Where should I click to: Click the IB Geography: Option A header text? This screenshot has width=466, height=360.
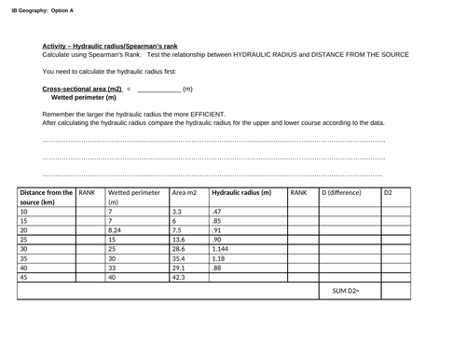point(43,10)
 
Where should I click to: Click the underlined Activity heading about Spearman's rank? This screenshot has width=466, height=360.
point(110,46)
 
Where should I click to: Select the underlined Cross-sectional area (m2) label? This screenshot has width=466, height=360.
point(83,88)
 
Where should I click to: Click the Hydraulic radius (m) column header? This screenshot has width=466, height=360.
point(241,192)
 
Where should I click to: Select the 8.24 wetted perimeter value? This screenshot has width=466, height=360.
point(116,229)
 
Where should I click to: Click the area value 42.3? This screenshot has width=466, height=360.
point(179,277)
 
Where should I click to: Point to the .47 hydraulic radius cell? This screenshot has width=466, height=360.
point(216,212)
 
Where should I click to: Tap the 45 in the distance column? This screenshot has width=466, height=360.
point(24,277)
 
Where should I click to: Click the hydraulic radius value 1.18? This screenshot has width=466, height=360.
point(219,258)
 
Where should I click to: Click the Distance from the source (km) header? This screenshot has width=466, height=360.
point(46,197)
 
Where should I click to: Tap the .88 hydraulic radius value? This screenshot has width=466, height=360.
point(216,268)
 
